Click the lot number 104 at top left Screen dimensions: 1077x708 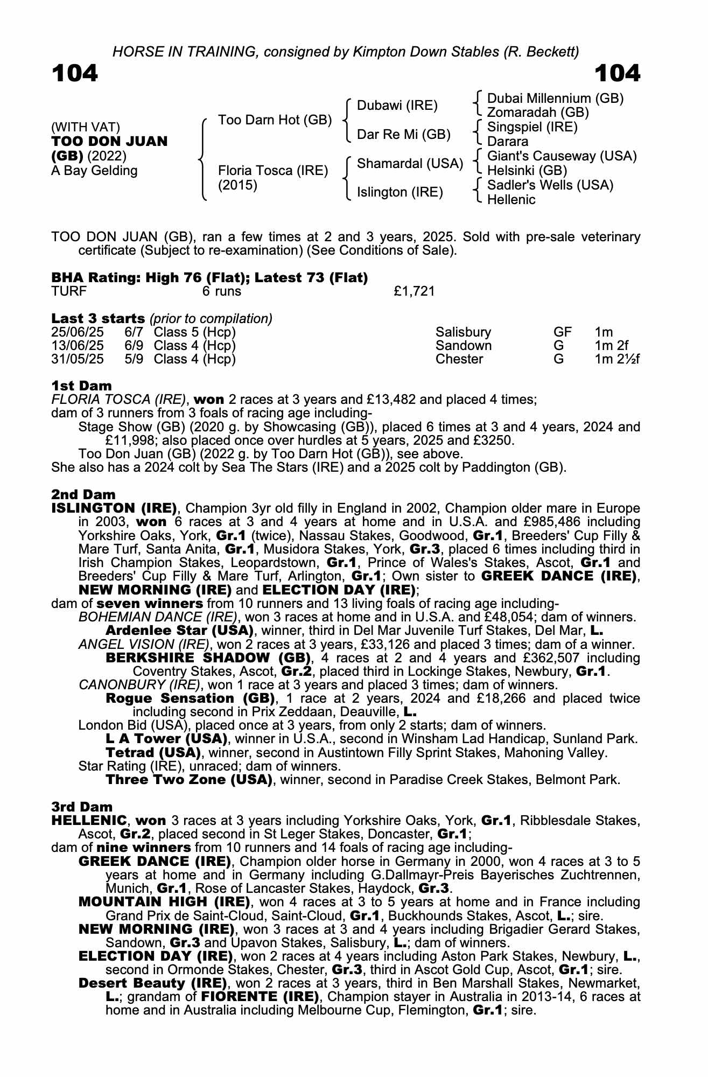[x=75, y=73]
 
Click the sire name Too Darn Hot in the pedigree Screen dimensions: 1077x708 [x=275, y=120]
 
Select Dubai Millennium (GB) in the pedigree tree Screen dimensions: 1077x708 [x=555, y=99]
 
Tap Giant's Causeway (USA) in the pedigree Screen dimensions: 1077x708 [x=562, y=156]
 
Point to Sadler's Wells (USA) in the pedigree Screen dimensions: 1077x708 [x=550, y=185]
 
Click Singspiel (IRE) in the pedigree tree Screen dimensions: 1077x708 [x=532, y=127]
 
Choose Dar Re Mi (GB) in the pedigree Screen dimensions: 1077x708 [x=404, y=135]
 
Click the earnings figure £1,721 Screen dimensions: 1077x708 [x=414, y=291]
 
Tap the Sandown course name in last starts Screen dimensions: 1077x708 [x=463, y=346]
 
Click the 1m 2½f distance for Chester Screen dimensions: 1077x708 [x=616, y=359]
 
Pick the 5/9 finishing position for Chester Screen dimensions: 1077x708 [x=134, y=359]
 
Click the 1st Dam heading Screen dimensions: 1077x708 [x=81, y=386]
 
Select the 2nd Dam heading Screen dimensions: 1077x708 [x=83, y=494]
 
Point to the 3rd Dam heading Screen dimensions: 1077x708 [x=82, y=807]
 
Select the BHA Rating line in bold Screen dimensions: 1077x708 [x=209, y=278]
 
